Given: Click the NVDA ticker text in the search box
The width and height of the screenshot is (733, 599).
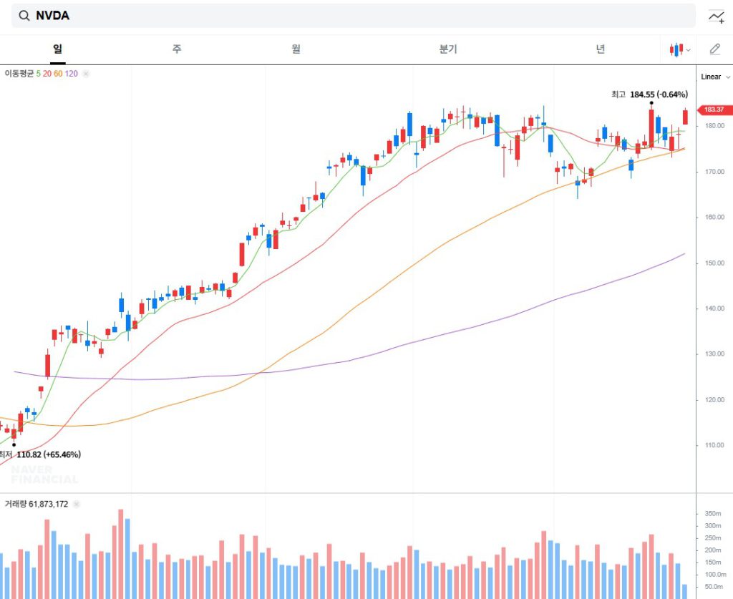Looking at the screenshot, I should coord(52,16).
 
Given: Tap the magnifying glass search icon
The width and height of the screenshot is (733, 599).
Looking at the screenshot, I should coord(24,16).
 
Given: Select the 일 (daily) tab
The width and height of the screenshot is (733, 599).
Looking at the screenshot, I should coord(58,49).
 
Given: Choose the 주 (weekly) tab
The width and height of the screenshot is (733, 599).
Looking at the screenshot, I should coord(177,49).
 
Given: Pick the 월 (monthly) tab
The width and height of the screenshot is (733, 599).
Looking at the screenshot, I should coord(296,49).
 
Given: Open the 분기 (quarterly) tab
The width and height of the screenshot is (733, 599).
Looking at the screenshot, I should coord(448,49).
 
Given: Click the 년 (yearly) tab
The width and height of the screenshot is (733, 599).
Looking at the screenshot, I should coord(600,49).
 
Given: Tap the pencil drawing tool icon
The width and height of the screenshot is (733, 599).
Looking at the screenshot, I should coord(714,49).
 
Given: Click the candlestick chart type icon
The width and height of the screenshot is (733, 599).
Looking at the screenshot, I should coord(676,49).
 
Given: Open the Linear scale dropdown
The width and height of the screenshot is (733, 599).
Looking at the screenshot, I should coord(715,77).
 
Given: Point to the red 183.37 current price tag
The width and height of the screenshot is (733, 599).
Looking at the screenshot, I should coord(714,109).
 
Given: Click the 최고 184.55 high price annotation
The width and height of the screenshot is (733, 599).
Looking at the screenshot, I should coord(649,94).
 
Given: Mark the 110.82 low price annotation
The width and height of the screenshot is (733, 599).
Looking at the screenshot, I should coord(47,454).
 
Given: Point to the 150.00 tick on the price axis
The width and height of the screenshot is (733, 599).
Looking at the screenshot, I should coord(714,263).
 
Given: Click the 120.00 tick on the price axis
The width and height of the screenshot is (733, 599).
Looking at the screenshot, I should coord(714,400).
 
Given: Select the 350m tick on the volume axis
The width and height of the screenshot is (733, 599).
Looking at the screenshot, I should coord(712,514).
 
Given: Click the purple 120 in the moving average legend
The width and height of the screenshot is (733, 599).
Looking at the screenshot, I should coord(72,74).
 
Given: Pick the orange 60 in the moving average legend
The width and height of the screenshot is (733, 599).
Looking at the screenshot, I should coord(58,74).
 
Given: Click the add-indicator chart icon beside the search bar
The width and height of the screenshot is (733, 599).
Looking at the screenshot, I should coord(716,16).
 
